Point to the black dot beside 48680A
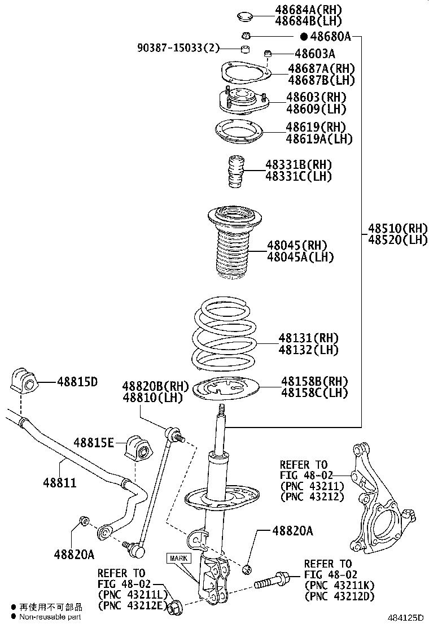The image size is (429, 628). pyautogui.click(x=304, y=37)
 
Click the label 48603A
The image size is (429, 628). pyautogui.click(x=314, y=54)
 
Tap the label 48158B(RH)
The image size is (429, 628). pyautogui.click(x=314, y=381)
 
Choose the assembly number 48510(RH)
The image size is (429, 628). pyautogui.click(x=399, y=229)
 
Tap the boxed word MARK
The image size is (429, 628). pyautogui.click(x=179, y=559)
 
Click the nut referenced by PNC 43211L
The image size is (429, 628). pyautogui.click(x=176, y=607)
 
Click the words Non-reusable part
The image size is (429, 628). pyautogui.click(x=51, y=617)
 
